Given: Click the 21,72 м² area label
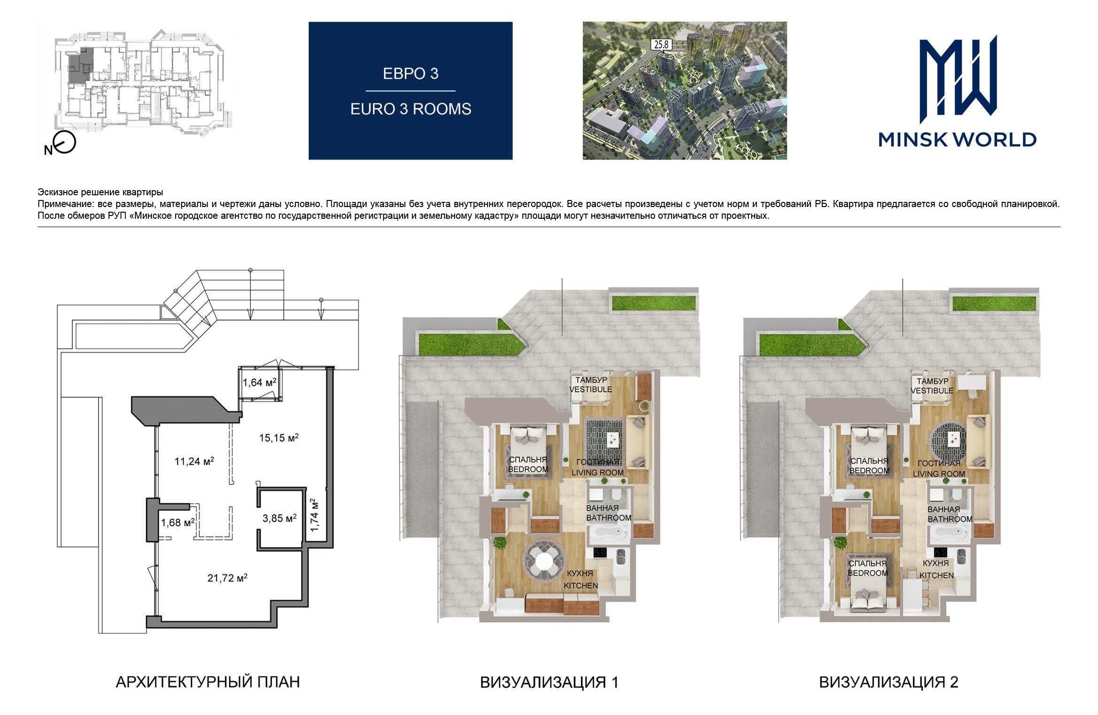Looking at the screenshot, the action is click(227, 578).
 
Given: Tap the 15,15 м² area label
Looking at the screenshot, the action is click(279, 438).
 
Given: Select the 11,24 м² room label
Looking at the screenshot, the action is click(194, 461).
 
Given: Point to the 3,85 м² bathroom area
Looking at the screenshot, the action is click(279, 519).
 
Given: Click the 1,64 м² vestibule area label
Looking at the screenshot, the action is click(259, 382).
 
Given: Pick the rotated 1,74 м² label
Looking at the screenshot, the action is click(315, 515).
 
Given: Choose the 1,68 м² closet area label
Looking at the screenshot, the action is click(178, 523).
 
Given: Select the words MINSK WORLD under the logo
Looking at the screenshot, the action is click(958, 139).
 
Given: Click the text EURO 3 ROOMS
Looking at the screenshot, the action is click(410, 109).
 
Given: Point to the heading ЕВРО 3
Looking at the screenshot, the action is click(410, 74).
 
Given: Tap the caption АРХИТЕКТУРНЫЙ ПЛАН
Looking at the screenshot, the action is click(208, 682).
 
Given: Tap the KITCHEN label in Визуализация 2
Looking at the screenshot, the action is click(936, 575).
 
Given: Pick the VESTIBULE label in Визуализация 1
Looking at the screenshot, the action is click(591, 389).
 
